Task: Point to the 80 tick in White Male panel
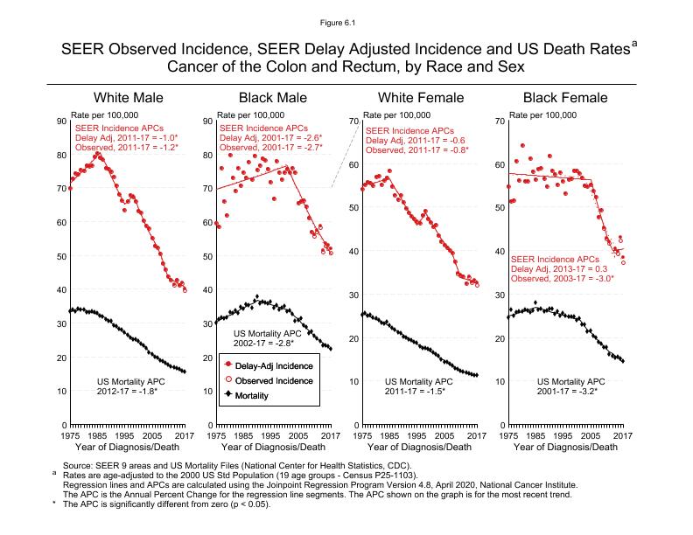[x=59, y=155]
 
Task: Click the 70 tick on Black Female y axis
[x=498, y=121]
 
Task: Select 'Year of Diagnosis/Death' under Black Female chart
[x=564, y=448]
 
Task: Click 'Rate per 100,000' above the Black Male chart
[x=250, y=115]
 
